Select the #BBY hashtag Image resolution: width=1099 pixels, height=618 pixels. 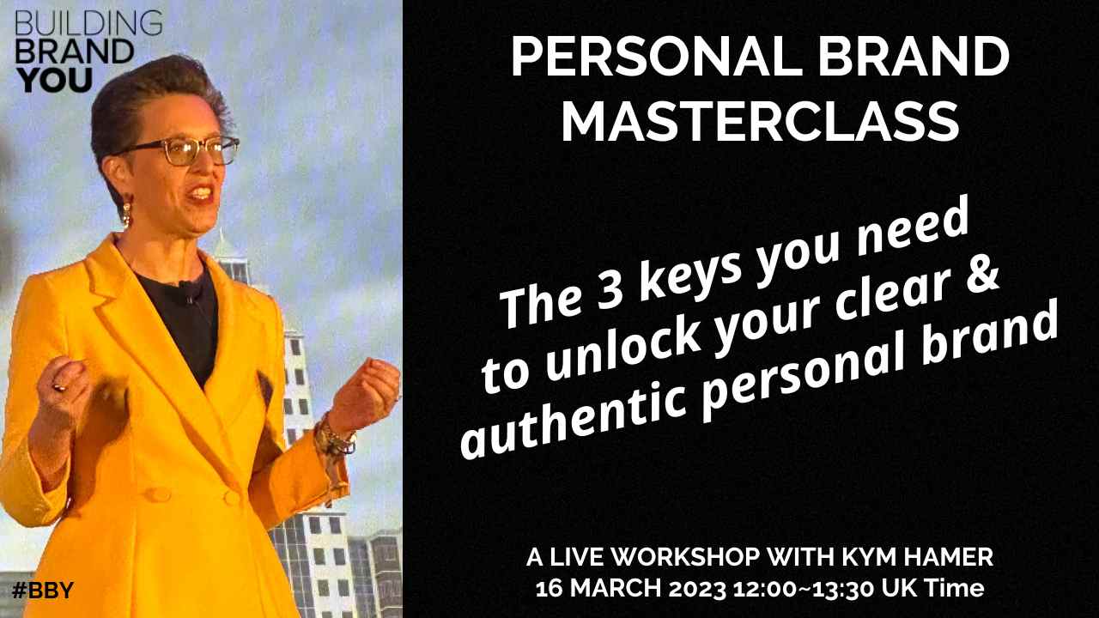coord(43,590)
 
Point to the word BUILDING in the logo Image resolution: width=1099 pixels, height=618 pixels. coord(88,23)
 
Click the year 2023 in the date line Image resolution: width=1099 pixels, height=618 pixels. coord(698,589)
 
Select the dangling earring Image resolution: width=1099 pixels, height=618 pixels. coord(126,214)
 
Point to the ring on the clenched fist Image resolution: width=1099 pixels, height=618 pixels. coord(59,387)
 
